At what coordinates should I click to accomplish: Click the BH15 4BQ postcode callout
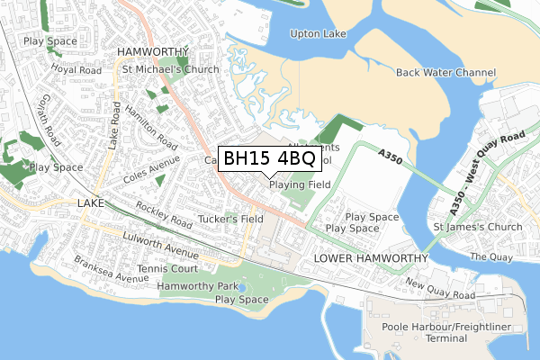pos(269,158)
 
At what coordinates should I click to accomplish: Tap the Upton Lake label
pos(318,34)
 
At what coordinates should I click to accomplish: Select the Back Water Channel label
pos(445,72)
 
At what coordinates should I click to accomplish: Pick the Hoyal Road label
pos(76,69)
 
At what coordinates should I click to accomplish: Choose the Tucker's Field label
pos(230,219)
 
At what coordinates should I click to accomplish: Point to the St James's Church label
pos(477,227)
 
